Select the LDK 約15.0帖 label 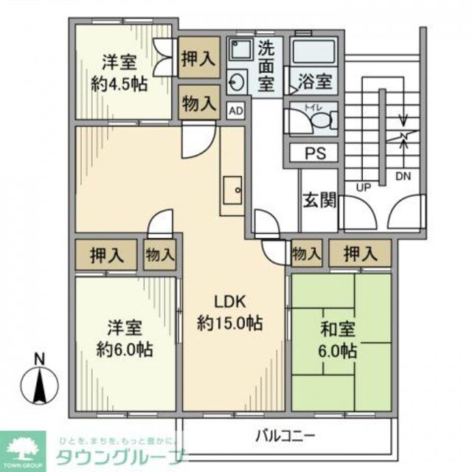tap(230, 312)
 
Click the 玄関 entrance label tap(319, 200)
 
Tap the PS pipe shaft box tap(311, 153)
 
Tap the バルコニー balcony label tap(286, 435)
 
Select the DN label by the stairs tap(403, 177)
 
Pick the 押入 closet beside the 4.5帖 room tap(199, 58)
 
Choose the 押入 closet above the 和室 tap(358, 254)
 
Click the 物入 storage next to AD tap(199, 102)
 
